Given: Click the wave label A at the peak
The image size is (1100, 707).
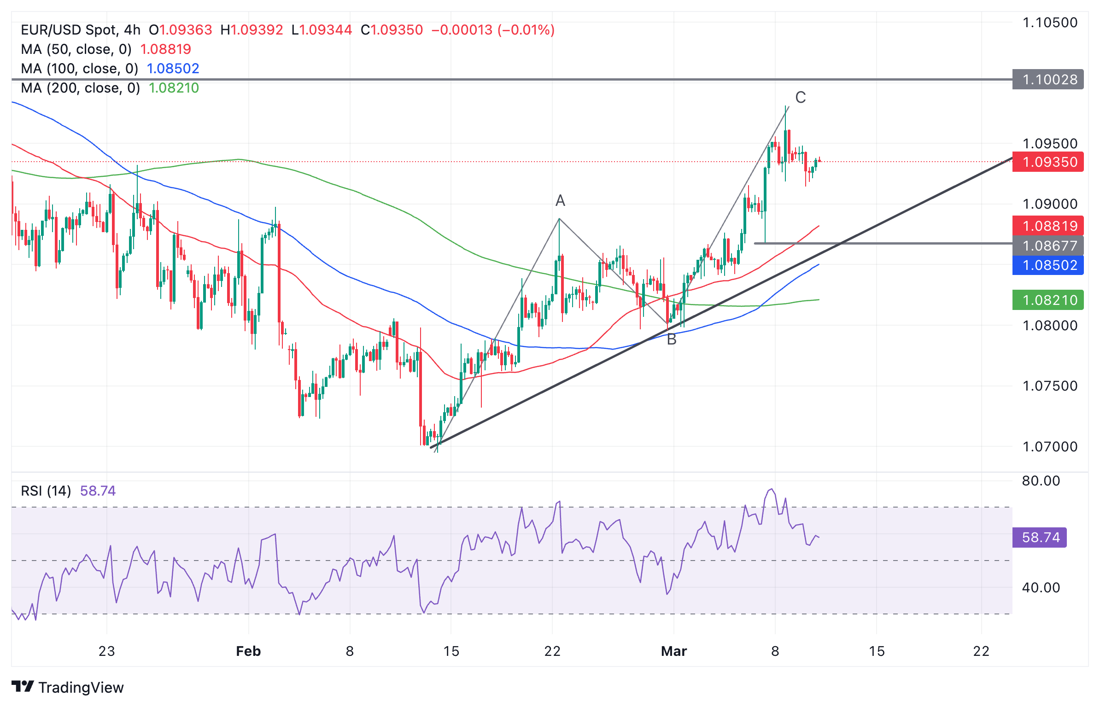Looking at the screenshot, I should coord(560,200).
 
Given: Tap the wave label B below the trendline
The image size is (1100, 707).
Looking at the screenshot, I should coord(671,339).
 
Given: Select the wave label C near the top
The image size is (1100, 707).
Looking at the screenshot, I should coord(800,98).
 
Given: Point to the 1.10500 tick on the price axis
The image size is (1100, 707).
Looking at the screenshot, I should coord(1050,23).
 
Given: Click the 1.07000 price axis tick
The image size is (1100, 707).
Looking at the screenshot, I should coord(1050,446).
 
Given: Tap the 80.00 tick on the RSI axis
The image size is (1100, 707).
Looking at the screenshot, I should coord(1041,481).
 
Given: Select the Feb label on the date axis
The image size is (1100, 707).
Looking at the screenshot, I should coord(248,651).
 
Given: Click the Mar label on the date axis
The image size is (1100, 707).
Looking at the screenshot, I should coord(673,651).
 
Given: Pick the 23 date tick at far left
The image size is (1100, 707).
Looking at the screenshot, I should coord(106,651).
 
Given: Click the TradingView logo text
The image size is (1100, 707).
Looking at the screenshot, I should coord(81,687).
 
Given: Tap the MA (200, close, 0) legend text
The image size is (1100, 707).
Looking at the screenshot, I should coord(81,88).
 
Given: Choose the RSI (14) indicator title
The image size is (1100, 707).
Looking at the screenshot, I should coord(46,491).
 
